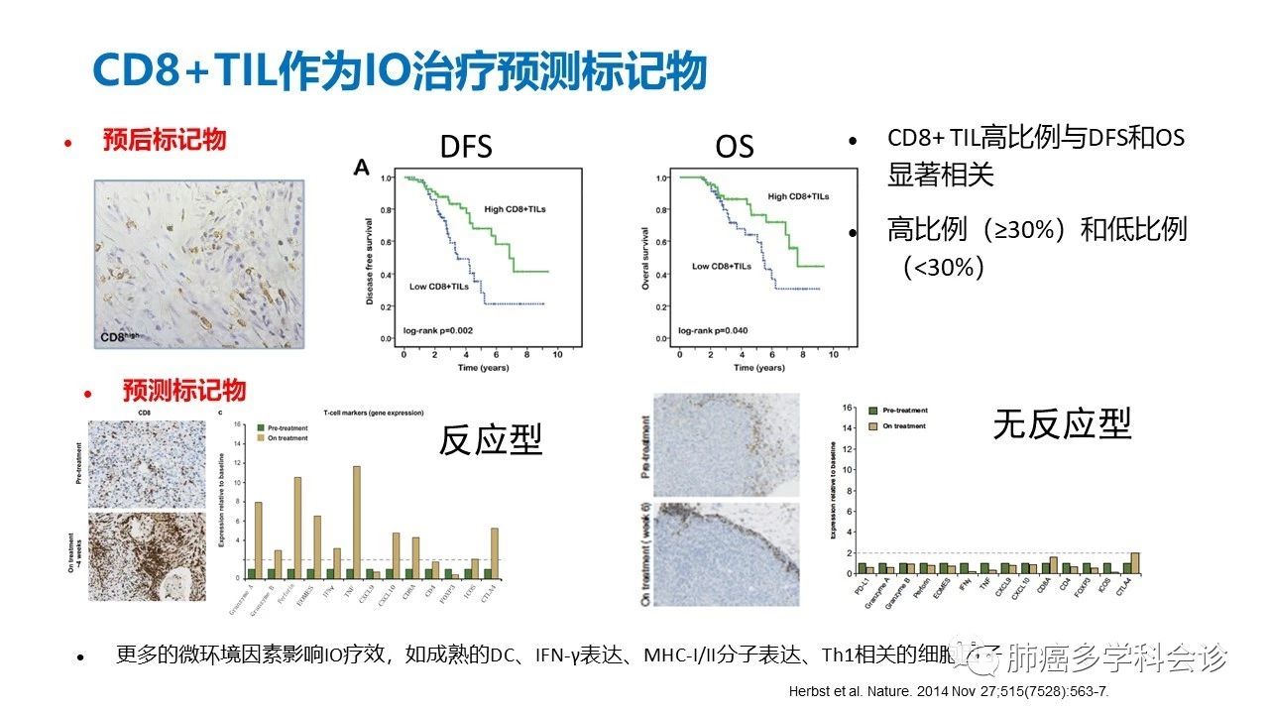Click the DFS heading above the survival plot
point(466,148)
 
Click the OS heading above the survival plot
point(735,148)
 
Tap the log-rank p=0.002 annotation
point(443,327)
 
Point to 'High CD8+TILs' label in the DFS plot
point(515,209)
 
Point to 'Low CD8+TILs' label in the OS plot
point(721,266)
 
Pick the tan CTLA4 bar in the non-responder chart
point(1135,562)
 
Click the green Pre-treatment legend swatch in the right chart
point(873,410)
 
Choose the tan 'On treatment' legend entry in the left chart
point(288,437)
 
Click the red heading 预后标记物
point(165,140)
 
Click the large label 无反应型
point(1062,424)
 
